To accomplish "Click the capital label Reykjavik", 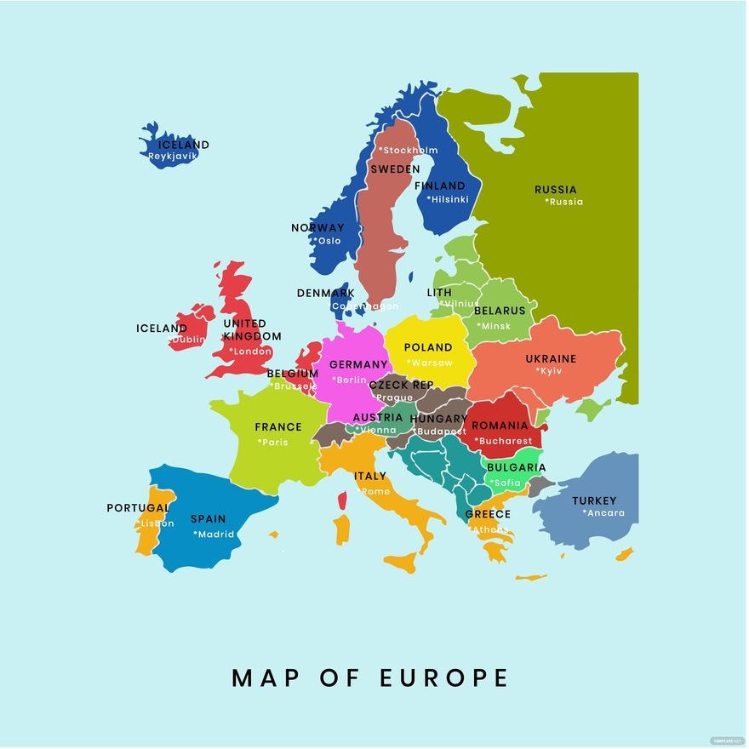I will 173,157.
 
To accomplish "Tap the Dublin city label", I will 188,340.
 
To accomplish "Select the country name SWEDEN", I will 395,169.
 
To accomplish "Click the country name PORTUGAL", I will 138,508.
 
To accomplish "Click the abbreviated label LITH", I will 439,293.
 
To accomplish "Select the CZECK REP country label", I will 401,385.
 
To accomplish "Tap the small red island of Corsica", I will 342,500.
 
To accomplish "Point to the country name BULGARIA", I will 516,467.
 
